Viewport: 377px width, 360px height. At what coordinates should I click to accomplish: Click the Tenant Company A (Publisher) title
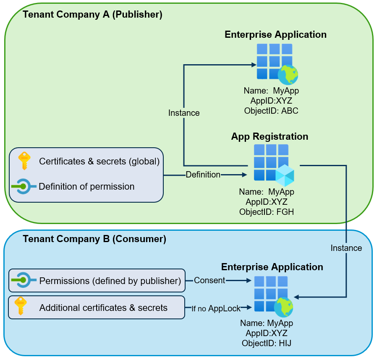[92, 15]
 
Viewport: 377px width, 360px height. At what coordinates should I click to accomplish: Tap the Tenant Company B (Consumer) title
[94, 239]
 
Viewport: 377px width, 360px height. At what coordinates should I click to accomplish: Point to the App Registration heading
[270, 136]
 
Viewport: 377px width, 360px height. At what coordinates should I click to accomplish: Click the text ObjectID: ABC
[271, 111]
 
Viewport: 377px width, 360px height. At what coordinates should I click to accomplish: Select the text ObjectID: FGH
[267, 212]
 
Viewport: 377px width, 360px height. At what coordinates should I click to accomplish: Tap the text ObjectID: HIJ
[267, 343]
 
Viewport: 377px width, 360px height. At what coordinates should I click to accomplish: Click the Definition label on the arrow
[203, 175]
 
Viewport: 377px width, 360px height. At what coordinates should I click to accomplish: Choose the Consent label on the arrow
[209, 280]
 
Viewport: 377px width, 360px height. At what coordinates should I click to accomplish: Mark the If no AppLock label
[216, 308]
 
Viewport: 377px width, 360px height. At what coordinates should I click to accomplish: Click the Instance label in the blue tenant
[346, 248]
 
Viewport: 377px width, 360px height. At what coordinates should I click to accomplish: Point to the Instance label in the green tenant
[184, 113]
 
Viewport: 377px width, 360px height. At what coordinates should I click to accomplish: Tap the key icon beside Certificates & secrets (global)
[23, 161]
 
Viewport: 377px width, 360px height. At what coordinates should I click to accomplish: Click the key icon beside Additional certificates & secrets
[20, 307]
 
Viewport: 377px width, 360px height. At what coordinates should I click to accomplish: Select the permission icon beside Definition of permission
[22, 186]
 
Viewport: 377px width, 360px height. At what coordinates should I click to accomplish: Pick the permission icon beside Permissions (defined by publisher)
[23, 280]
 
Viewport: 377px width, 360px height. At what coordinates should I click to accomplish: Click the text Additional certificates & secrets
[103, 308]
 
